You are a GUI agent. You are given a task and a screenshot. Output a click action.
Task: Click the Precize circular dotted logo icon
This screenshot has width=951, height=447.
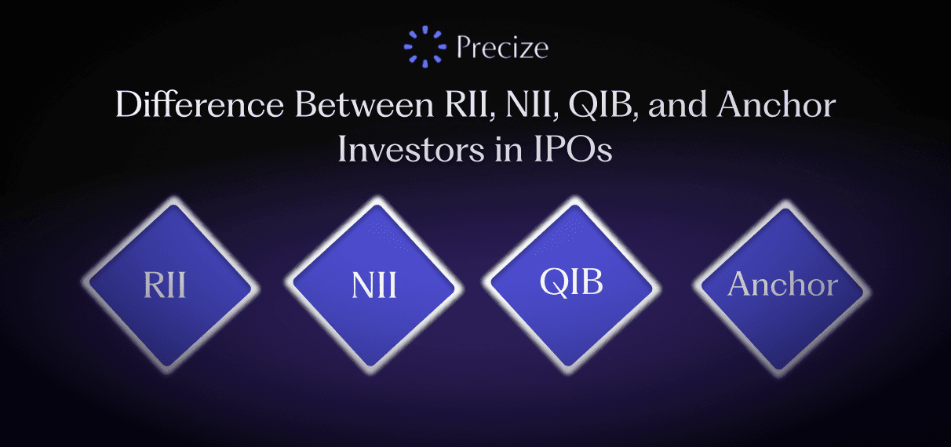(x=425, y=47)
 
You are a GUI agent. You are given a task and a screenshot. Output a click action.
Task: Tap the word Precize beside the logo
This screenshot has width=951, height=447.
(x=503, y=48)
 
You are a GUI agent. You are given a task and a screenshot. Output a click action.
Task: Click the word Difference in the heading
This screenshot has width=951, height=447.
(x=199, y=104)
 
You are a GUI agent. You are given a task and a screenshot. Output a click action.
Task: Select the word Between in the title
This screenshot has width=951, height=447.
(x=364, y=104)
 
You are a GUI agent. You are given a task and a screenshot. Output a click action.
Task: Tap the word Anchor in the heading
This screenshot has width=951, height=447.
(x=777, y=104)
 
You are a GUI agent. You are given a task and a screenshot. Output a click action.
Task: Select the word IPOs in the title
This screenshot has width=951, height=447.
(x=573, y=150)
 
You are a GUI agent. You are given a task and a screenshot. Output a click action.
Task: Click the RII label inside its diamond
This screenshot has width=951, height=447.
(x=165, y=285)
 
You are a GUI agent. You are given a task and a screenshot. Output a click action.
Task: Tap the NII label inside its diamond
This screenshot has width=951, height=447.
(x=374, y=285)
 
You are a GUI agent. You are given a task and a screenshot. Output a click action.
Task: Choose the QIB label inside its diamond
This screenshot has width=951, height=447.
(x=571, y=282)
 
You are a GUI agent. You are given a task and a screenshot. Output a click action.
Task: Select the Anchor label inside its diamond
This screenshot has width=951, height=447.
(x=782, y=284)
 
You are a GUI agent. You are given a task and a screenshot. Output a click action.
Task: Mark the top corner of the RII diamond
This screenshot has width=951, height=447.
(x=173, y=199)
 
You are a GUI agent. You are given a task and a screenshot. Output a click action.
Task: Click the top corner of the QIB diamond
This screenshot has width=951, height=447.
(x=574, y=198)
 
